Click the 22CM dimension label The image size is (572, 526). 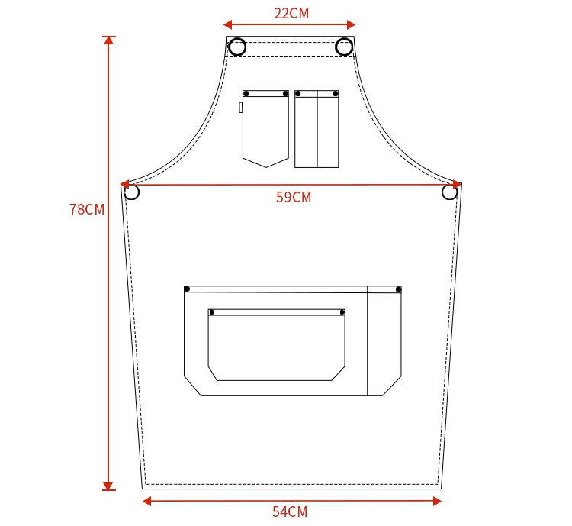[291, 13]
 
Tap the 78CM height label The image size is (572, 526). [86, 209]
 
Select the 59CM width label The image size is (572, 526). [294, 197]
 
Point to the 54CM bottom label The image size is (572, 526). [290, 511]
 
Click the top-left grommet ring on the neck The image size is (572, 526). [237, 47]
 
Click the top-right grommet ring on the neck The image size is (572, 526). [344, 47]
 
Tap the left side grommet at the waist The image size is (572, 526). [131, 192]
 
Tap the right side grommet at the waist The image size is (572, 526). [449, 192]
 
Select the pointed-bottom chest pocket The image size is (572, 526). [265, 128]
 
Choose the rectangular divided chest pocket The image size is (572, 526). [317, 128]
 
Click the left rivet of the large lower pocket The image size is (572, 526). [187, 289]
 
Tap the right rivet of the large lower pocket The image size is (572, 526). [398, 289]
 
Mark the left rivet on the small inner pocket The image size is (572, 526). [212, 312]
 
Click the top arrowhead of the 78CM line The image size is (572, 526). [108, 40]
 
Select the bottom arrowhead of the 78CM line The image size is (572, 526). [108, 486]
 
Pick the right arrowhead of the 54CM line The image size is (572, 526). [437, 501]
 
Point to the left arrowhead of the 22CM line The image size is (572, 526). [227, 24]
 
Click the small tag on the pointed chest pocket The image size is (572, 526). [241, 108]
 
